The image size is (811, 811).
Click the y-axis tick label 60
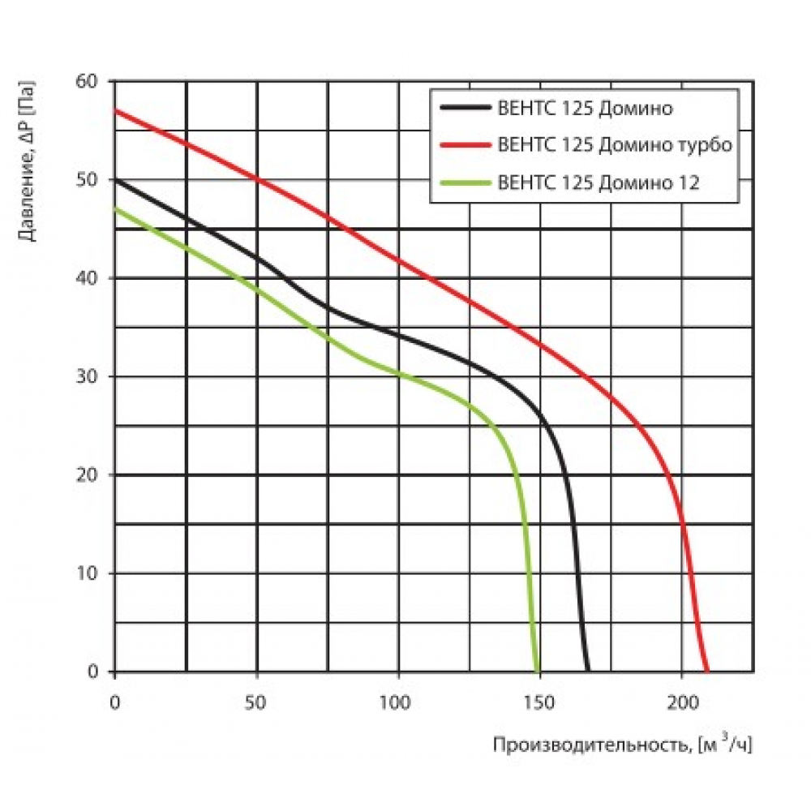tap(87, 81)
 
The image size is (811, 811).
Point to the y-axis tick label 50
tap(87, 179)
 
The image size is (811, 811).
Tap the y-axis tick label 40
tap(87, 278)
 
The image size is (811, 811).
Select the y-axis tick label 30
tap(87, 376)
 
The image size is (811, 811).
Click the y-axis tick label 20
tap(87, 474)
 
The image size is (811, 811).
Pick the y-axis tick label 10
tap(87, 573)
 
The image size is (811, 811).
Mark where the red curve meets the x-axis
tap(707, 671)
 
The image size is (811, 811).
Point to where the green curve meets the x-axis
tap(537, 671)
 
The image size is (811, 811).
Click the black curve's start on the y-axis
tap(115, 179)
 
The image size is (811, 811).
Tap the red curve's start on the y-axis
tap(115, 110)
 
